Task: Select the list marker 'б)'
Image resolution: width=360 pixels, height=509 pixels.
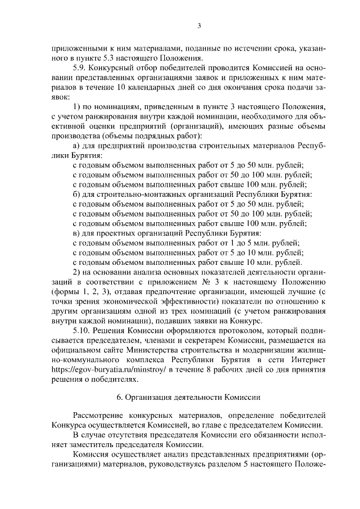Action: coord(78,194)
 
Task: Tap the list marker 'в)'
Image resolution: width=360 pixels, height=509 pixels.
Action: coord(78,233)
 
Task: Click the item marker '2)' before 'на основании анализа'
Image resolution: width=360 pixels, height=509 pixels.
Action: coord(78,272)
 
